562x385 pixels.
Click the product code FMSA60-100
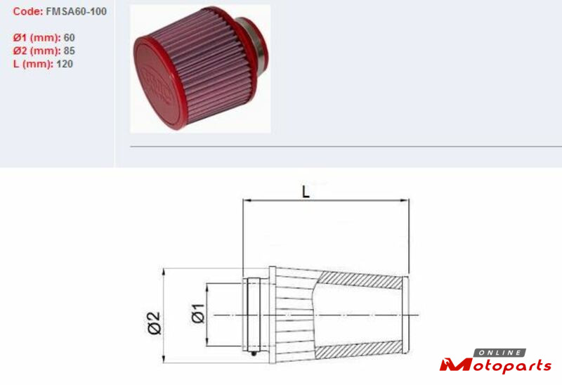point(76,11)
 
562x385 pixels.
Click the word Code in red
point(28,11)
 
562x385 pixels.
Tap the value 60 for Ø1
point(69,38)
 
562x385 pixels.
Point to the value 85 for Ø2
point(69,51)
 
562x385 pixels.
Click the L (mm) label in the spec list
point(33,64)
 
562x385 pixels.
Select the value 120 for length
point(65,64)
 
